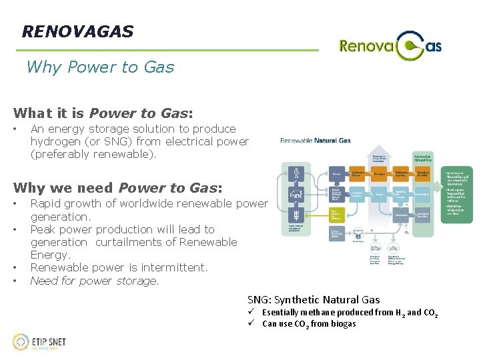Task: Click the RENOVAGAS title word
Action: pyautogui.click(x=77, y=31)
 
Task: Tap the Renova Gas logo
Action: pyautogui.click(x=390, y=45)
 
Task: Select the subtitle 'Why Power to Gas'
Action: pyautogui.click(x=100, y=67)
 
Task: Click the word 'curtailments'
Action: pyautogui.click(x=131, y=242)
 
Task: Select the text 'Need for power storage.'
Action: pyautogui.click(x=95, y=281)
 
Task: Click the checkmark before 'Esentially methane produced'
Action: pyautogui.click(x=252, y=312)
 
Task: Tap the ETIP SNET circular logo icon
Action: pyautogui.click(x=21, y=342)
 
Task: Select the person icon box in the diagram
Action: pyautogui.click(x=296, y=173)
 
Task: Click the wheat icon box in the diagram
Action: pyautogui.click(x=296, y=217)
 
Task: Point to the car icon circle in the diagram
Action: pyautogui.click(x=296, y=195)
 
